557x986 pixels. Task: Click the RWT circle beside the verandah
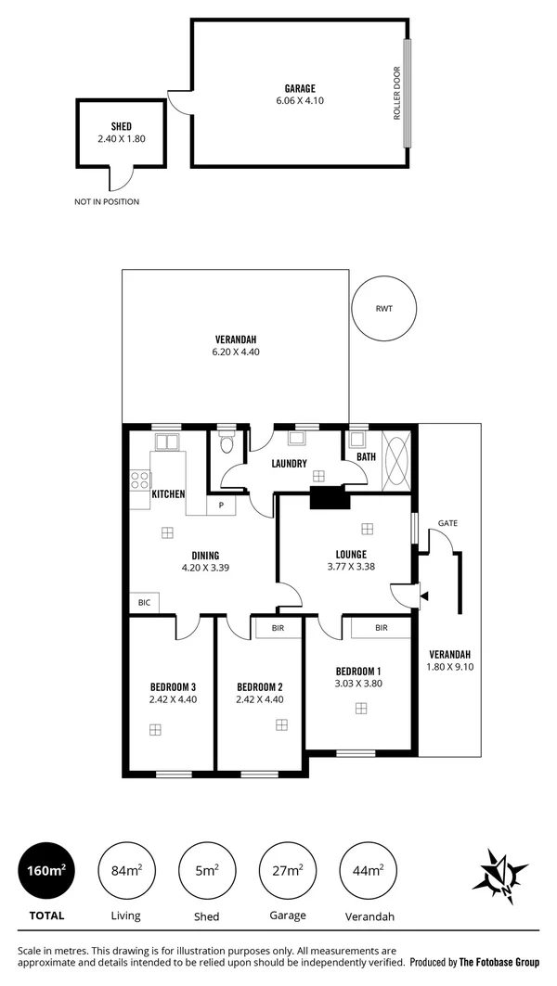(384, 310)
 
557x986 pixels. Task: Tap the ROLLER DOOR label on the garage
(396, 93)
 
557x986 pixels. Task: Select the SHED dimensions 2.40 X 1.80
(121, 138)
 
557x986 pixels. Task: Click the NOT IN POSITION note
(107, 201)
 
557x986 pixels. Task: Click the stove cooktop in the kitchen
(139, 480)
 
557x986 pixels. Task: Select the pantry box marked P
(222, 506)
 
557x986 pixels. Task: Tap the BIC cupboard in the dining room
(144, 602)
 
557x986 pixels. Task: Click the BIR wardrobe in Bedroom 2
(278, 628)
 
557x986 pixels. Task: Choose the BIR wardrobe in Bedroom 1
(381, 628)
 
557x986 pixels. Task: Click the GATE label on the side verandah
(447, 523)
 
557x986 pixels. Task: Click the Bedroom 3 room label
(172, 686)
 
